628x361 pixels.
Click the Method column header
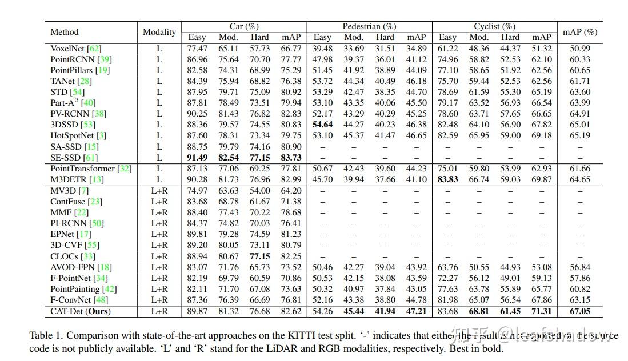(x=65, y=32)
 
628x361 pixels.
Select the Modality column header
(x=159, y=32)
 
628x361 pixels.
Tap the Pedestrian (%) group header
(x=369, y=26)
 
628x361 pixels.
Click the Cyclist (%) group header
(x=494, y=26)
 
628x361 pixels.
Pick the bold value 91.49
(x=197, y=157)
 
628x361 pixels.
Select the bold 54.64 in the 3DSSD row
(x=322, y=125)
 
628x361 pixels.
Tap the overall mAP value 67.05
(x=579, y=311)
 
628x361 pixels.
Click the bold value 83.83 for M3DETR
(x=447, y=179)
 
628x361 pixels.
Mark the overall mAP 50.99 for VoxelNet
(x=579, y=49)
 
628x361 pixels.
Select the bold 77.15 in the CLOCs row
(x=259, y=256)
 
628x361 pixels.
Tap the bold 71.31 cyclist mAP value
(x=541, y=311)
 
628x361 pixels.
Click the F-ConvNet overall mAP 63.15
(x=579, y=300)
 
